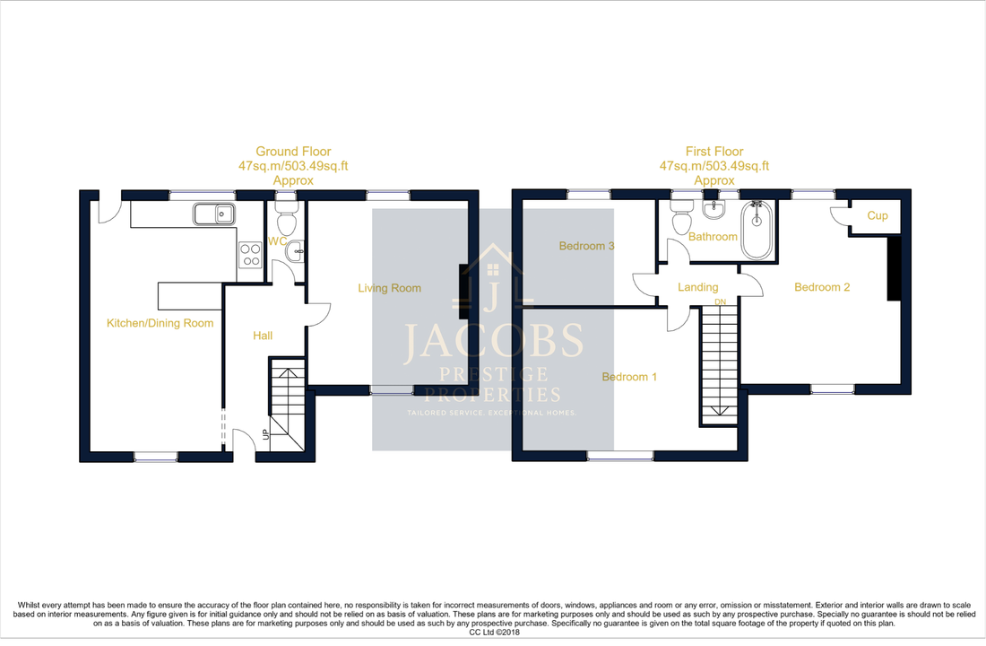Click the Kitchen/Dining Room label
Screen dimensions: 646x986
(x=160, y=323)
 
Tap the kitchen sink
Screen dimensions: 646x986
(x=213, y=214)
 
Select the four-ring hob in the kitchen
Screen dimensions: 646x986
(x=249, y=256)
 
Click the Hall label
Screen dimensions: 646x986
(x=263, y=336)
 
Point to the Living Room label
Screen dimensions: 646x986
(x=389, y=288)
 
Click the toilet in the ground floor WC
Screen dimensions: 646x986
(x=286, y=219)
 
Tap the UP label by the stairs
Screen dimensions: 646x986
(x=264, y=435)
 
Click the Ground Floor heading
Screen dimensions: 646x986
(x=293, y=152)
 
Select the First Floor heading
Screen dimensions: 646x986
(x=714, y=152)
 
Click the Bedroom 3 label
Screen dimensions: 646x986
(x=586, y=246)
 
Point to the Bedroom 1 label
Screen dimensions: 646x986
(x=629, y=377)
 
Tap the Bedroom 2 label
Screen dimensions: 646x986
(x=822, y=287)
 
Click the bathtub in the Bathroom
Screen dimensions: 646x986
(x=758, y=229)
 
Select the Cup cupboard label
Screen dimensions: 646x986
(x=877, y=216)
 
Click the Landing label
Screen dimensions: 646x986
(x=697, y=287)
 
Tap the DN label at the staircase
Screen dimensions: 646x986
(x=720, y=302)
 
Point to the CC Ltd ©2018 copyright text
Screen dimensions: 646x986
(x=493, y=632)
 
